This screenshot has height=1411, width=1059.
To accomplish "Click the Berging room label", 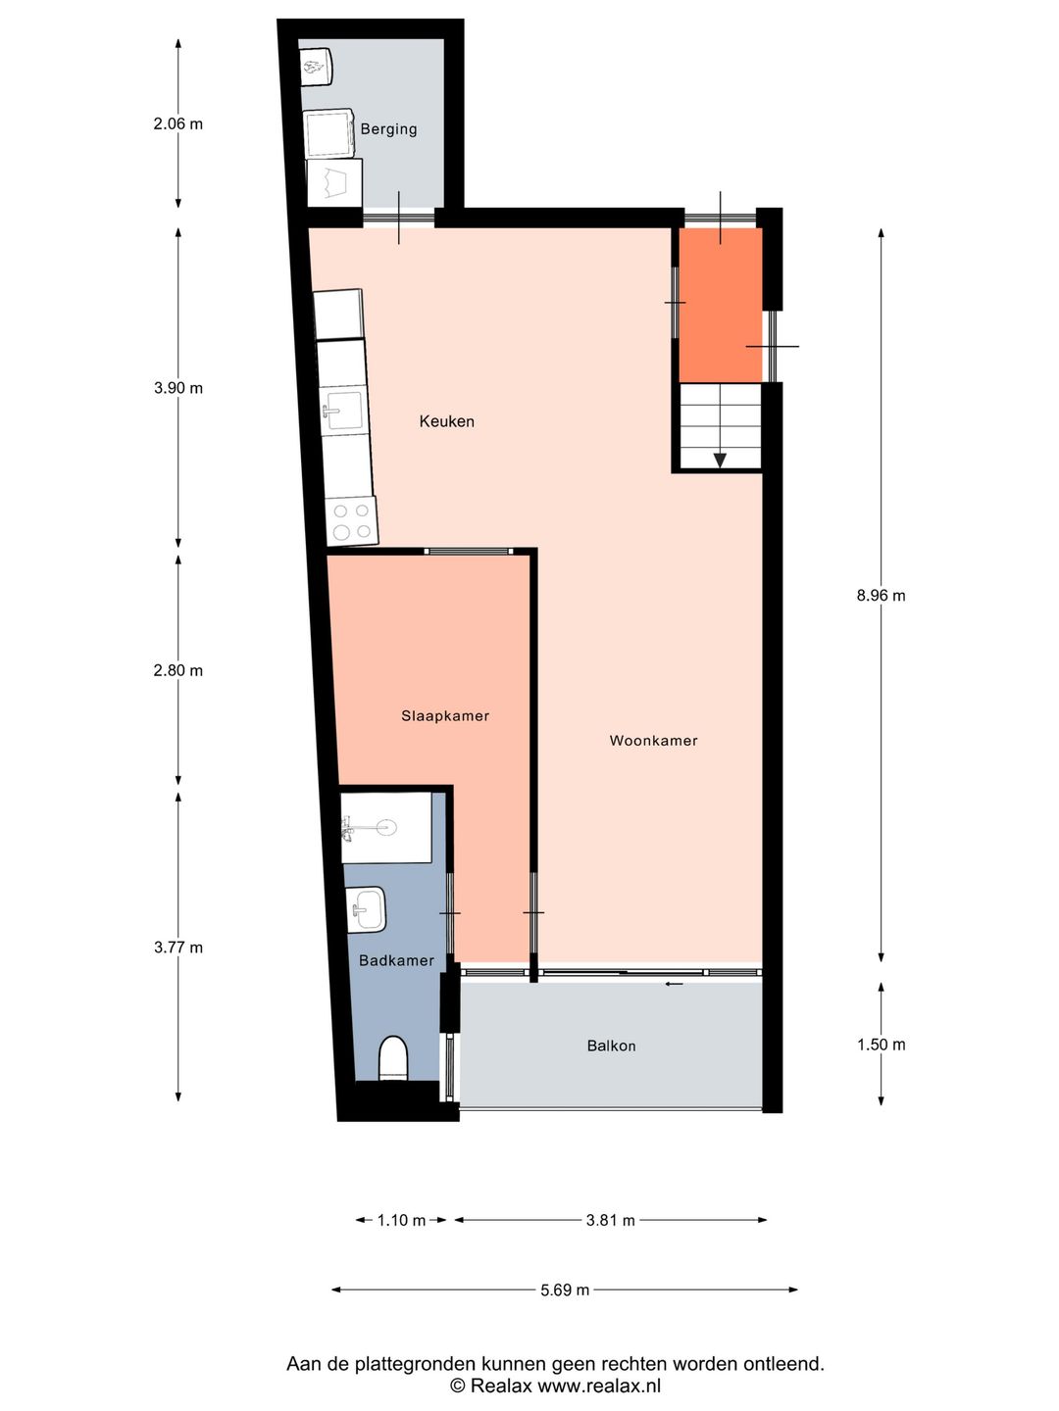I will click(388, 129).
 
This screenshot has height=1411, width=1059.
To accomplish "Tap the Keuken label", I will click(446, 421).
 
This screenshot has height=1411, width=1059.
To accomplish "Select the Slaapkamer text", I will click(444, 716).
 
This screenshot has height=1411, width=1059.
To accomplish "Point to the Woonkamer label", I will click(653, 741).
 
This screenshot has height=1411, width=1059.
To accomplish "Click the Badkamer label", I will click(396, 960).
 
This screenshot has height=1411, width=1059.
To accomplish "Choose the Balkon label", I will click(611, 1046).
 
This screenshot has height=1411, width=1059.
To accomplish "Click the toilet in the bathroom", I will click(393, 1058).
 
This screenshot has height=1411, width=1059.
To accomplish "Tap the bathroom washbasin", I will click(367, 909).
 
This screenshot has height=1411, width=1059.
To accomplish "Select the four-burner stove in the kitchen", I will click(352, 521).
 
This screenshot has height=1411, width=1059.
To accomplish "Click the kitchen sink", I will click(343, 412).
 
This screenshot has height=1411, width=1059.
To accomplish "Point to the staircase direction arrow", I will click(720, 460).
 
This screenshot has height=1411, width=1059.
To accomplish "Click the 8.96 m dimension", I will click(881, 595).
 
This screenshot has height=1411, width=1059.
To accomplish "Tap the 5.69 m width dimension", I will click(565, 1289).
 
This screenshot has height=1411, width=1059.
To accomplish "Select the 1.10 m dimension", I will click(401, 1220).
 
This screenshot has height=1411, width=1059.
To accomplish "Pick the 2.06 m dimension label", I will click(177, 123).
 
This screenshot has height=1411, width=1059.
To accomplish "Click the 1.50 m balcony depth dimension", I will click(881, 1045).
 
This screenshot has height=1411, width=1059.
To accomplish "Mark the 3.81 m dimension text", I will click(610, 1220).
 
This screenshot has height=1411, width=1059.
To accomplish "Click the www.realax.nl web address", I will click(599, 1386).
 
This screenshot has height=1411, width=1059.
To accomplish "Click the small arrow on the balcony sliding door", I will click(674, 984).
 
